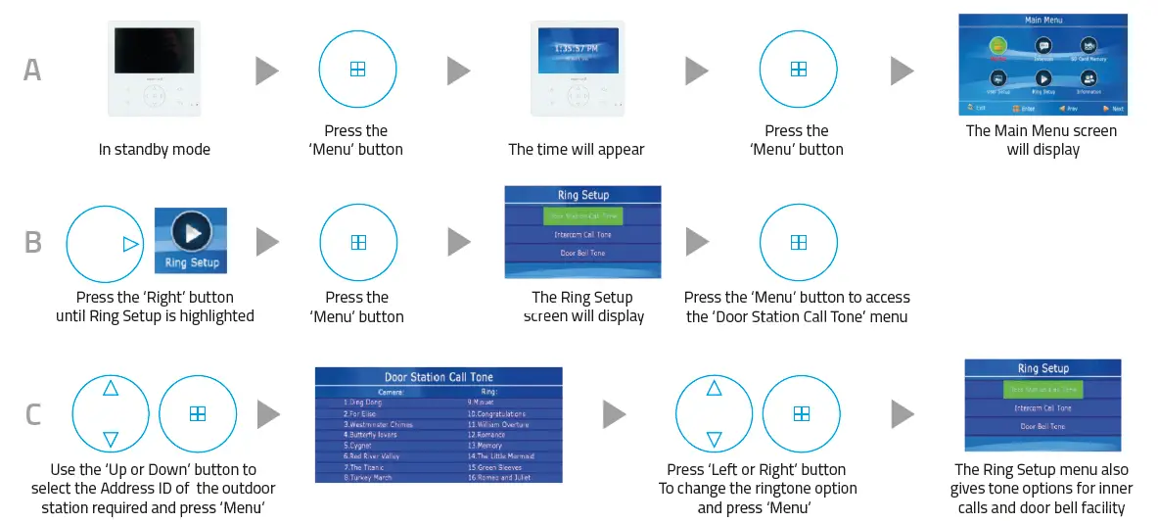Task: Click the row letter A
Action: pos(33,71)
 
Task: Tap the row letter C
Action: pos(33,414)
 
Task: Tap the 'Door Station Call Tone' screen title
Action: pos(439,377)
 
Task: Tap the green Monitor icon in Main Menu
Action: pos(997,46)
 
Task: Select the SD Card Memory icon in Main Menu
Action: pos(1088,46)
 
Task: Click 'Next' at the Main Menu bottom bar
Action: pos(1113,109)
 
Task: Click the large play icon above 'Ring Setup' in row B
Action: pos(191,233)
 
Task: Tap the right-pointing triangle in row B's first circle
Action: pos(130,245)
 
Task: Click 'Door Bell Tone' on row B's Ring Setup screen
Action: pos(582,254)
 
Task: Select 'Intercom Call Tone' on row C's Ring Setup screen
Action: pos(1042,408)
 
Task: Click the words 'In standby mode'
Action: pos(154,150)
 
